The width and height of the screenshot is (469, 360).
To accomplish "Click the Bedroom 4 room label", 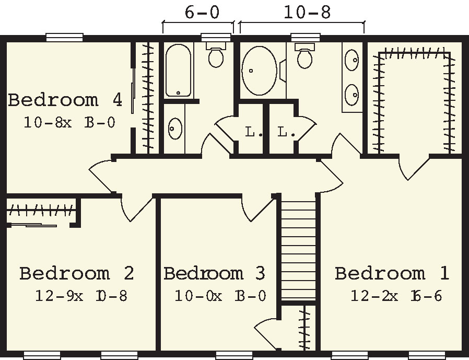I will point(65,99).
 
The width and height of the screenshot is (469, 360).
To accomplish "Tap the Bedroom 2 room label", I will point(76,273).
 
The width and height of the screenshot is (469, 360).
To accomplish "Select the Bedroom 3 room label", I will point(214,273).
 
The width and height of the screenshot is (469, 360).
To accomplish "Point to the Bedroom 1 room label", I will point(392,273).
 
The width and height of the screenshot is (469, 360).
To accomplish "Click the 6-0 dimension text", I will point(202,12).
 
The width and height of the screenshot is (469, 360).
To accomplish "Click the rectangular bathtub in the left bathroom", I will point(178,71).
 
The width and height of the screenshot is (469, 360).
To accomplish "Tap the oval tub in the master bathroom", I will point(260,71).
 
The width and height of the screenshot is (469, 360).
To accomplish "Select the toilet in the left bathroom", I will point(215,55).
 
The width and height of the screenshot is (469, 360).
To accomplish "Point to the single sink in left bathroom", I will point(174,127).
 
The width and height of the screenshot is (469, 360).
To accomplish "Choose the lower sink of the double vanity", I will point(353,94).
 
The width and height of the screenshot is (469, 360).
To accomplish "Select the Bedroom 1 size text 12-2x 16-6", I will point(396,296).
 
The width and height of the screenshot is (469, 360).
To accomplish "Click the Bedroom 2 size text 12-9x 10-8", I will point(81,296).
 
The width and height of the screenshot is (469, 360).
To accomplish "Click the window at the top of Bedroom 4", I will point(64,37).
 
